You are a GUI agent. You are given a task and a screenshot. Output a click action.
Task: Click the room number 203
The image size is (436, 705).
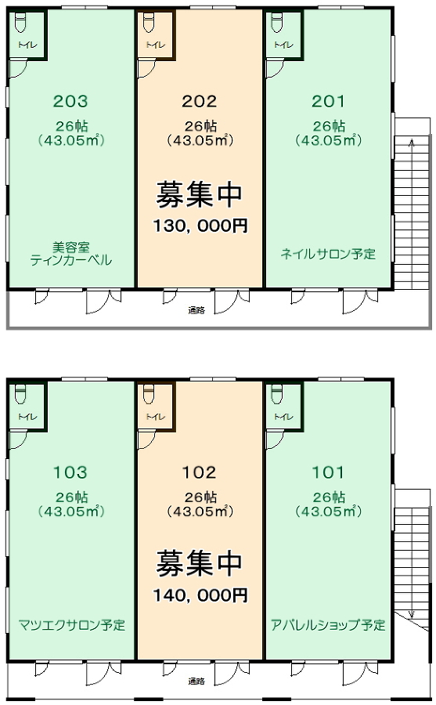70,101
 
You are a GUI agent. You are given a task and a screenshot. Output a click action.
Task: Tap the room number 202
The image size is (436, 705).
199,101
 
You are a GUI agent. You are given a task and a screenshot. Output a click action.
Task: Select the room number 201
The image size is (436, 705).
328,101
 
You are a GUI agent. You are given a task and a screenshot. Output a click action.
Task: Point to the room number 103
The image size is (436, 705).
70,472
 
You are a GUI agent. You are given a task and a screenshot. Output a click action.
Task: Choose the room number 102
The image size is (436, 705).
199,472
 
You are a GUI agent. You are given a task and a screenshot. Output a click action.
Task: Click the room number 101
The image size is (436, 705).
328,472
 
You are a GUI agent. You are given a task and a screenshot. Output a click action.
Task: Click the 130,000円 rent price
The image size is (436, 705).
200,226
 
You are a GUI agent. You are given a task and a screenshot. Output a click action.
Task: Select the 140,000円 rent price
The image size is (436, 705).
200,595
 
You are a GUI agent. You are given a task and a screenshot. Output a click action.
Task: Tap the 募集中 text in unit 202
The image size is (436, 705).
199,195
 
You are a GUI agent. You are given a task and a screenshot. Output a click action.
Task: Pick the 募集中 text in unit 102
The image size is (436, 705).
199,563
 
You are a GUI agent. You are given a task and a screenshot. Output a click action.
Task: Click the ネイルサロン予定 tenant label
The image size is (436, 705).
328,254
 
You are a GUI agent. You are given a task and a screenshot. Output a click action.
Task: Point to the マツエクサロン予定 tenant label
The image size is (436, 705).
72,625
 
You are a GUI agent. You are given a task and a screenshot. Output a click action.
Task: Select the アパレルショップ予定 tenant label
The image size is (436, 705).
328,625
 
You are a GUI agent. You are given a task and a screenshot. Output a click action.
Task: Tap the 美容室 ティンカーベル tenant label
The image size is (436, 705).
71,254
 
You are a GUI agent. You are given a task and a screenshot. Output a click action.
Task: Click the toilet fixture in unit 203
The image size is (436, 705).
20,23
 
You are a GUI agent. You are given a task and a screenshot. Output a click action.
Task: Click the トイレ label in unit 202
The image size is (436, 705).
156,45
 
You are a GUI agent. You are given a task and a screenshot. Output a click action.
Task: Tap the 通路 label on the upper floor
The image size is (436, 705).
196,309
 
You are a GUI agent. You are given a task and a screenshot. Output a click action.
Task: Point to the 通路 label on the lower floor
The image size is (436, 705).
196,681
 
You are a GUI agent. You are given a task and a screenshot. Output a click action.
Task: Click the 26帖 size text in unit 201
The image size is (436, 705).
329,126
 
